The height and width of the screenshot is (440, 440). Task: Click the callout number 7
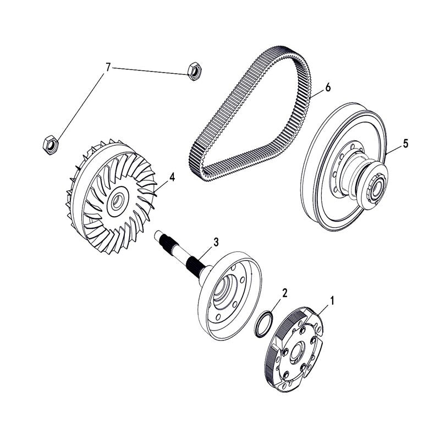pyautogui.click(x=108, y=67)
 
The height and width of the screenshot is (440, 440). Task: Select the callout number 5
pyautogui.click(x=405, y=144)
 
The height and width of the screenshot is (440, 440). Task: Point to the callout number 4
pyautogui.click(x=172, y=177)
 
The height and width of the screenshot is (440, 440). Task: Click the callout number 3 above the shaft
pyautogui.click(x=216, y=242)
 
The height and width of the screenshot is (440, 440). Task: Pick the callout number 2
pyautogui.click(x=284, y=293)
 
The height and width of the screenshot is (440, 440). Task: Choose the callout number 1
pyautogui.click(x=332, y=300)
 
